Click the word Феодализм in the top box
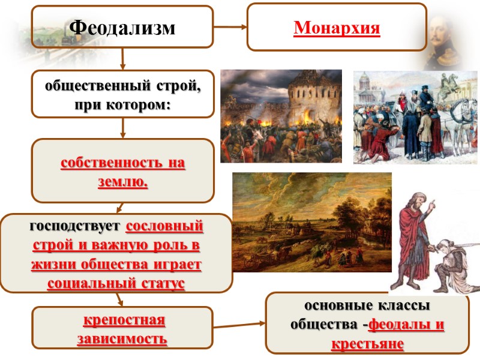[x=122, y=27]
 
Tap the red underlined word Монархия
[x=337, y=28]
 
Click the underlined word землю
[x=122, y=182]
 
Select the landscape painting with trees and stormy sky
[x=311, y=222]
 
